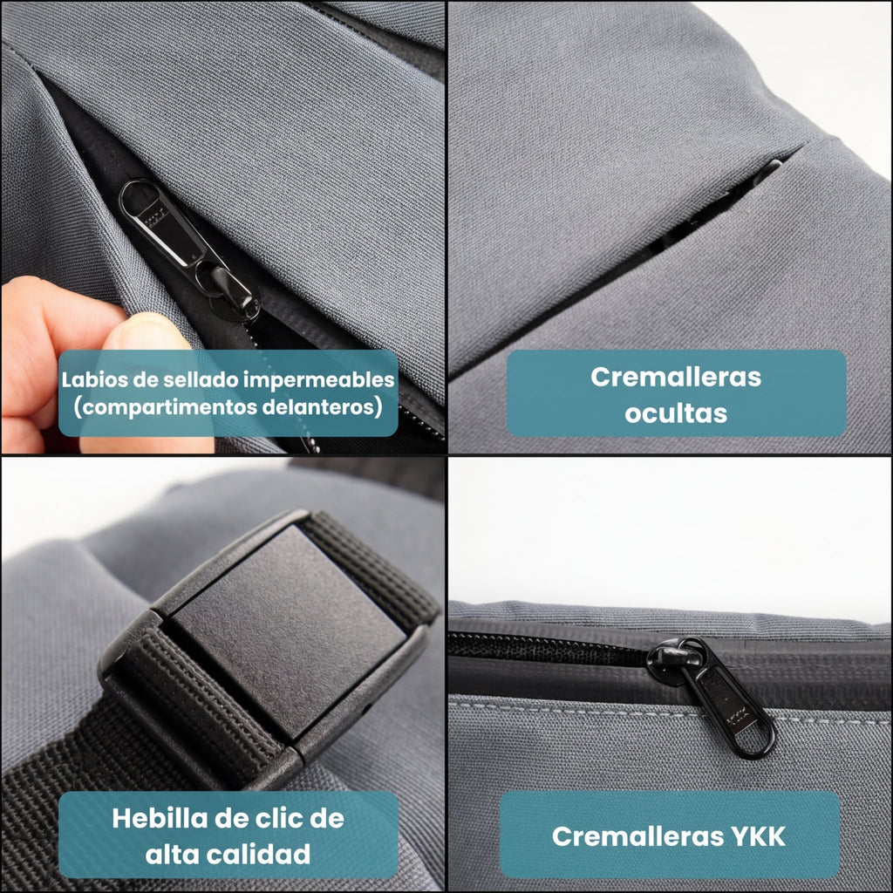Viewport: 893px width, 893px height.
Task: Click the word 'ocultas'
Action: click(676, 412)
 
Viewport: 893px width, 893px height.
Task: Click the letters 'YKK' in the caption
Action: click(752, 836)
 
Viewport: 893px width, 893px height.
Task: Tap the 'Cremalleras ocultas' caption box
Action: click(676, 393)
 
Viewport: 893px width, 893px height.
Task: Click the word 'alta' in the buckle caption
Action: click(174, 854)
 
